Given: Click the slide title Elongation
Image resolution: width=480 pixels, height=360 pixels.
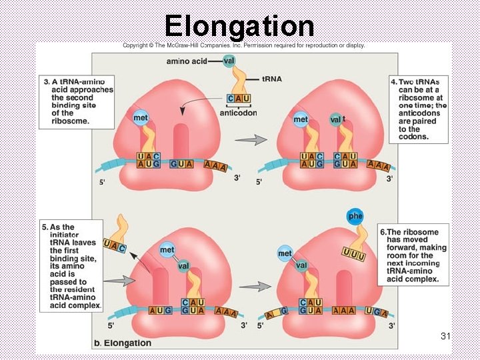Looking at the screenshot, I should tap(239, 25).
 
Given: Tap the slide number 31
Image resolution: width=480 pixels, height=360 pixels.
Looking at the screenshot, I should tap(446, 337).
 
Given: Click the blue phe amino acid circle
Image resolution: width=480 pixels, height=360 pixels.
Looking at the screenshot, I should tap(355, 216).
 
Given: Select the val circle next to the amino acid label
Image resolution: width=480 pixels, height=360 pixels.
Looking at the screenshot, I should tap(229, 61).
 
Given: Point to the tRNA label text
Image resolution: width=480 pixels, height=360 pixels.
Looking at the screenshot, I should tap(271, 79).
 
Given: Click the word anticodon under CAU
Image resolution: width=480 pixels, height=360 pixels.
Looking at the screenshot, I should tap(238, 113).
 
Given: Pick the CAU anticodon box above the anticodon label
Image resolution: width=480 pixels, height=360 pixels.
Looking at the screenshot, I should tap(239, 99).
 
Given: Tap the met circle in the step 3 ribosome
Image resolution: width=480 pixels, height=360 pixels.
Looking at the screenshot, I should tap(140, 118).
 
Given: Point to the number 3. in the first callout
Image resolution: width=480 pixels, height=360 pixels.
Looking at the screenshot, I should tap(47, 81).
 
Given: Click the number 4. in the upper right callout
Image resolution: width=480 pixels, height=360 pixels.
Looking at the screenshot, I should tap(393, 81).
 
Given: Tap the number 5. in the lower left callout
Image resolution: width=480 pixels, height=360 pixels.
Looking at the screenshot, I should tap(46, 227).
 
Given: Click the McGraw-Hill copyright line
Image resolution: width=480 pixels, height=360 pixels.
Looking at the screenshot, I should tap(243, 45).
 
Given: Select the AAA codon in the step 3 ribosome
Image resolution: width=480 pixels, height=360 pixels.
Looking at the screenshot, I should tap(215, 165).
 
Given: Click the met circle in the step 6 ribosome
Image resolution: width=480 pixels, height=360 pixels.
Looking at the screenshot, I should tap(285, 253).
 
